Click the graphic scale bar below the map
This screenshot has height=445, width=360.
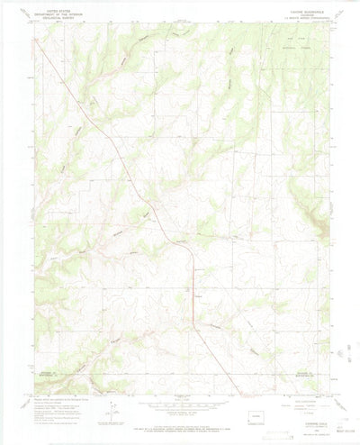(x=180, y=404)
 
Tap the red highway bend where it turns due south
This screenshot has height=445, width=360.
(x=192, y=257)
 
